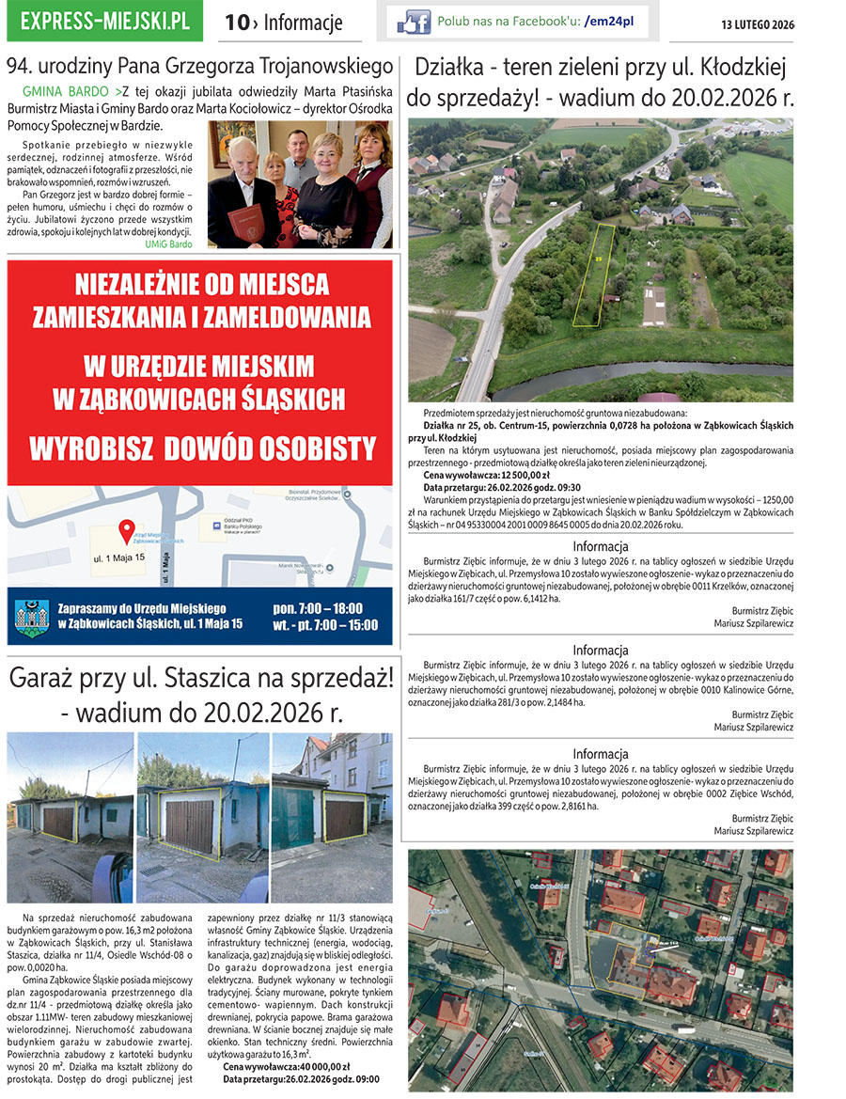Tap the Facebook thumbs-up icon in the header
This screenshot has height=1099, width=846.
tap(414, 22)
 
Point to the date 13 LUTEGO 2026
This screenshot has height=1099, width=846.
tap(751, 24)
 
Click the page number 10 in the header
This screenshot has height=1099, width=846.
tap(235, 24)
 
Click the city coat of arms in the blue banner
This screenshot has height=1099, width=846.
tap(31, 617)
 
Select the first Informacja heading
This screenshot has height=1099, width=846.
tap(601, 546)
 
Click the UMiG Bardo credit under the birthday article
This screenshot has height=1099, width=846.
tap(169, 243)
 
